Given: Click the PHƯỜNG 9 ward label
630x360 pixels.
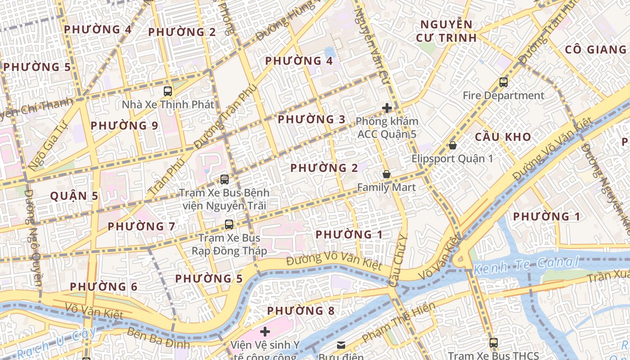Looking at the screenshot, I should pos(124,126).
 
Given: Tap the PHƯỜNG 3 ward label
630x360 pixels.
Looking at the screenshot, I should pos(311,119).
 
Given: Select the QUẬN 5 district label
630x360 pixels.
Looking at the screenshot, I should pos(74,196).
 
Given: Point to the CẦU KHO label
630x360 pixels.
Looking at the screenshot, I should pos(503,137).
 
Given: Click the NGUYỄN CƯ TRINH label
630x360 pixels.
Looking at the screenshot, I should pos(445,31).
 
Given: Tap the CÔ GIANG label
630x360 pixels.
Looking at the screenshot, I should pos(595,49).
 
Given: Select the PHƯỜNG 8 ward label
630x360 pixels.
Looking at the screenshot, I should pos(301,311).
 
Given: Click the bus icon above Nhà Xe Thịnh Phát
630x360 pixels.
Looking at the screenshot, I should pos(168,91).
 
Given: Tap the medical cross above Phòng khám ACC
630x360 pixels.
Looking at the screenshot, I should pos(387,108).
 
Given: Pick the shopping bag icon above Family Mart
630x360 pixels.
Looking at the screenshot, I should pos(386,174).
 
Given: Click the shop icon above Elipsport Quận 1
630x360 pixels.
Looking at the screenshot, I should pos(453,145).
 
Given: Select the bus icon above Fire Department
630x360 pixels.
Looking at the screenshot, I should pos(503,82).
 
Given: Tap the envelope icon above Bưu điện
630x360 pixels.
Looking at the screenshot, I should pos(341,345).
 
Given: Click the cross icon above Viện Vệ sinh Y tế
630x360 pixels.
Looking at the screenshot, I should pos(265,332).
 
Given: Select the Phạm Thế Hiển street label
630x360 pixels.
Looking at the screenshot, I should pos(399,322).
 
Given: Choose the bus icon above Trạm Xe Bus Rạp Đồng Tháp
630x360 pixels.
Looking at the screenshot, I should pos(229,225).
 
